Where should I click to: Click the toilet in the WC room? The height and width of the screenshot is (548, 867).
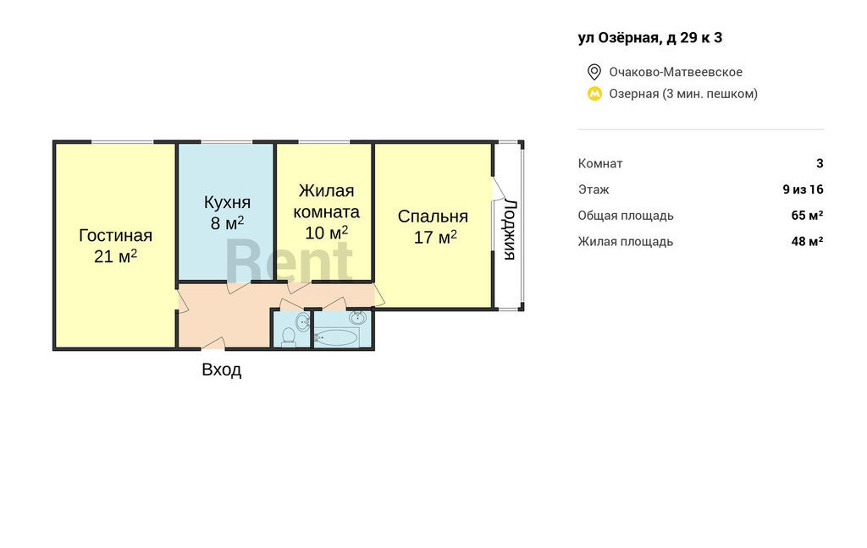point(288,337)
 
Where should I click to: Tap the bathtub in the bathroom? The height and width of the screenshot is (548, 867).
point(335,337)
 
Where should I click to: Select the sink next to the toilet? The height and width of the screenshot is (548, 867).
point(302,321)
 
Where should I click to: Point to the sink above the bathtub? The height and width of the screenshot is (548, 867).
point(358,317)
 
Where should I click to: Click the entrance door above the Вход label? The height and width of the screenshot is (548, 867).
point(213,343)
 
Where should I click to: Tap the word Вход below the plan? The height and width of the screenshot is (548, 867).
point(221,370)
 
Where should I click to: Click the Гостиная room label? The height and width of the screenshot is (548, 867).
point(115,235)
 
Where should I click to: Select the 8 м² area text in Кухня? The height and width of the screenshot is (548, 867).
point(227,222)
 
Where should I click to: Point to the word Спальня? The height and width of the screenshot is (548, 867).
point(433,216)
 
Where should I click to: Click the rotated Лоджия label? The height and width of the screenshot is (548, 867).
point(510,229)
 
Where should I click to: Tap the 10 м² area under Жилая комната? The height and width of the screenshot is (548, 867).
point(326,233)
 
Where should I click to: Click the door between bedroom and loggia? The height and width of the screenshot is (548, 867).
point(498,188)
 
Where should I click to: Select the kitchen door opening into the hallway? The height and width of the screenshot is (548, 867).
point(239,288)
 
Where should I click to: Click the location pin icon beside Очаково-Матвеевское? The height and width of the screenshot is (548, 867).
point(594,72)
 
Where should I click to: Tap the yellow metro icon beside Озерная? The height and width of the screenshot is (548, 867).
point(594,94)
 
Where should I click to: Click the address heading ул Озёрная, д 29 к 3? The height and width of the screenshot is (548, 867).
point(650,37)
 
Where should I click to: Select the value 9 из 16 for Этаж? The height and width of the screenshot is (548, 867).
point(803,189)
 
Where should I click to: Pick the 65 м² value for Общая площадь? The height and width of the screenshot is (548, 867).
point(807,215)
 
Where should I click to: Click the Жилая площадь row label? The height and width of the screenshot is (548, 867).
point(626,241)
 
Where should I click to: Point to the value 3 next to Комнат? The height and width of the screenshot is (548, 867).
point(820,163)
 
